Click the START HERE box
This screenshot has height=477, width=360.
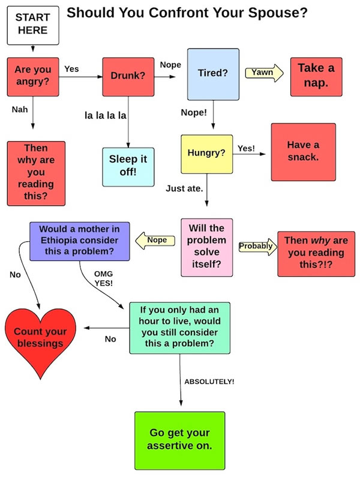32,25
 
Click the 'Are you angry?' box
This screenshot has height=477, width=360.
32,76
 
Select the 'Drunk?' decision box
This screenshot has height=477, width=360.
128,76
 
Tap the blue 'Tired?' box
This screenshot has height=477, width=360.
212,73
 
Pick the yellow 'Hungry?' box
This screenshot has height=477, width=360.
206,154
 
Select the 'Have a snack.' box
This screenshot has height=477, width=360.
303,152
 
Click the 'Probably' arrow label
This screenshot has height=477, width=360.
256,246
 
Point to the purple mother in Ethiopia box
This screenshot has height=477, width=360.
79,241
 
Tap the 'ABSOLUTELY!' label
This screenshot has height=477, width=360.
209,382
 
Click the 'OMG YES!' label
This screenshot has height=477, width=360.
104,278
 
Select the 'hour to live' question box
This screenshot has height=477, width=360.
180,327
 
